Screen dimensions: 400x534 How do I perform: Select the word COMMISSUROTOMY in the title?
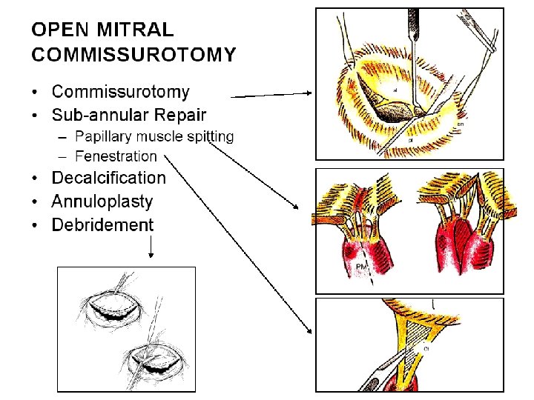[134, 55]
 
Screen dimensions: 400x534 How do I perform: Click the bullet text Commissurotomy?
[120, 93]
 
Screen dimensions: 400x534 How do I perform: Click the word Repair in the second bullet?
[180, 115]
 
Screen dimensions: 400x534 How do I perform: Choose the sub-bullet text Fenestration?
[116, 156]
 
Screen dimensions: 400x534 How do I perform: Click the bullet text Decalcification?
[109, 178]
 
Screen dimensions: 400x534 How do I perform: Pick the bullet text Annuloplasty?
[102, 201]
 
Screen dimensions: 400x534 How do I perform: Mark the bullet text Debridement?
[102, 225]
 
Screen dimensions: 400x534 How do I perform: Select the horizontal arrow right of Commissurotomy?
[271, 95]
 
